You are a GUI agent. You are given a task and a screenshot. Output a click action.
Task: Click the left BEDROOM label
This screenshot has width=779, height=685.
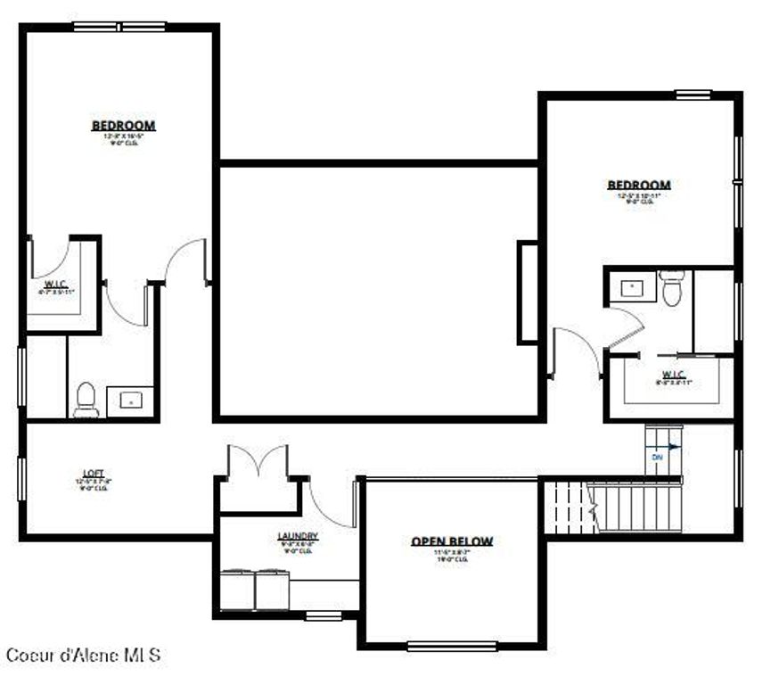(123, 126)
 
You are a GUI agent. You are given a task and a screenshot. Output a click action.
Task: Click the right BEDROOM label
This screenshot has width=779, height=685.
(639, 186)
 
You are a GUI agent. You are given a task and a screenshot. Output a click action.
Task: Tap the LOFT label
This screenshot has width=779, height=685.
(94, 474)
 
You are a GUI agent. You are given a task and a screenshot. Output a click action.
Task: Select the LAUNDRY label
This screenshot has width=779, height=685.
(298, 536)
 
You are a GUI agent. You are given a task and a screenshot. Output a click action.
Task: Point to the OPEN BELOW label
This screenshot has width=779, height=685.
(452, 541)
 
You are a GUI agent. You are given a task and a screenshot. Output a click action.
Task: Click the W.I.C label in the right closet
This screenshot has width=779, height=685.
(673, 374)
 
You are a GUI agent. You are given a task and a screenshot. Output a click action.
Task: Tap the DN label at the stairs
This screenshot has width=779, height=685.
(658, 457)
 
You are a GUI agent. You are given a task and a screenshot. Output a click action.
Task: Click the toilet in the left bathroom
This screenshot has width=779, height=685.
(86, 400)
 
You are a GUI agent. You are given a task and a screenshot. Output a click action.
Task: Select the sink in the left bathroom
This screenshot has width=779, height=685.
(130, 401)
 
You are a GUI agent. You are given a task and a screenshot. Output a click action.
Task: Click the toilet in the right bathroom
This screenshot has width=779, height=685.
(672, 287)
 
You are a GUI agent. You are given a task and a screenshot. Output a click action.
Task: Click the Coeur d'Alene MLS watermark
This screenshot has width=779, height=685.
(83, 655)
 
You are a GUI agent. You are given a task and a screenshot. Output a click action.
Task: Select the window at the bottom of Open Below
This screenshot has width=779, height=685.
(452, 646)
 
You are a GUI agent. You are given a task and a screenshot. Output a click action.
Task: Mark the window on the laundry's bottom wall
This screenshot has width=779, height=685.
(324, 615)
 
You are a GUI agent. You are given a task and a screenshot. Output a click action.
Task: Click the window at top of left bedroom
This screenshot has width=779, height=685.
(119, 27)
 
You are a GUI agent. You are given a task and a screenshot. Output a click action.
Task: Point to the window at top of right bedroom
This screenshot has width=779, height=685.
(693, 95)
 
